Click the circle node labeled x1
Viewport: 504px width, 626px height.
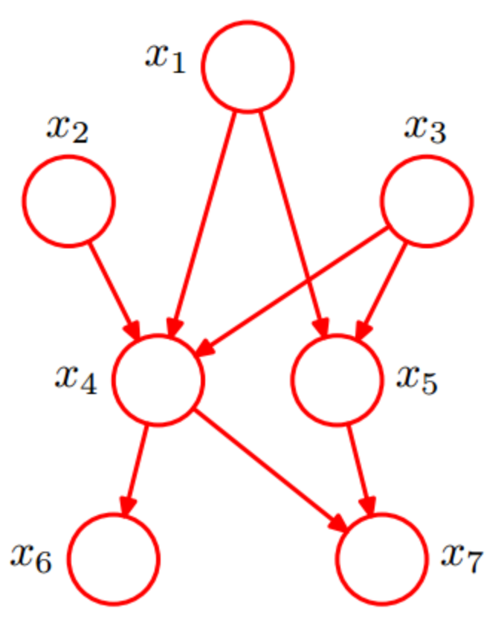pyautogui.click(x=248, y=67)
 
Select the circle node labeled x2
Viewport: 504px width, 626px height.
pyautogui.click(x=68, y=201)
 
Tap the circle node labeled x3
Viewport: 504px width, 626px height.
pyautogui.click(x=426, y=201)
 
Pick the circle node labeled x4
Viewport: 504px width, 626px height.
pyautogui.click(x=158, y=380)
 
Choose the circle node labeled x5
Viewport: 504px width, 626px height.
pyautogui.click(x=337, y=380)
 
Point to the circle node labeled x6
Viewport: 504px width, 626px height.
pyautogui.click(x=114, y=558)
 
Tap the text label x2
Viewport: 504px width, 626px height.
pyautogui.click(x=67, y=129)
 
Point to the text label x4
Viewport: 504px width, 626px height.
pyautogui.click(x=75, y=378)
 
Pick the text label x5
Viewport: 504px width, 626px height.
pyautogui.click(x=417, y=378)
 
